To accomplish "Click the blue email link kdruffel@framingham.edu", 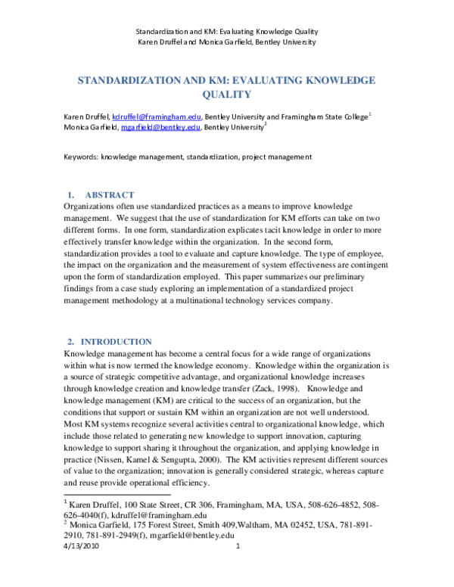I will coord(156,117).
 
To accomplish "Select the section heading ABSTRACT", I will coord(110,195).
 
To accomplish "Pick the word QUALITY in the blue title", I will coord(226,95).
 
